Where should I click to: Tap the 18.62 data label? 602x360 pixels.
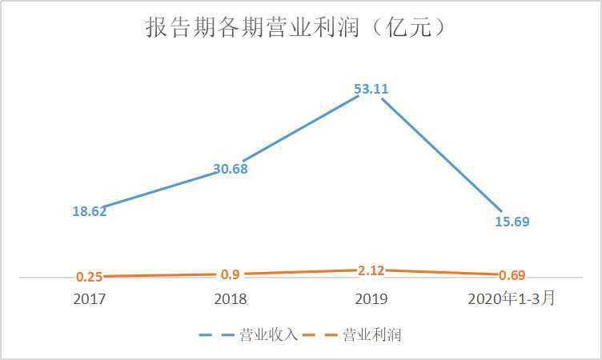89,211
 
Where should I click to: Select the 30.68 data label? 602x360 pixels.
230,169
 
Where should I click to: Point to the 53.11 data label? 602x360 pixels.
371,90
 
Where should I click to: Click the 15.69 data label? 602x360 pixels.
512,221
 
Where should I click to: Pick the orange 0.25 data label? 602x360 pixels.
89,277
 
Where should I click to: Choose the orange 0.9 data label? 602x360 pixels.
230,274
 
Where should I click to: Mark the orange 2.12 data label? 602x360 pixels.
371,270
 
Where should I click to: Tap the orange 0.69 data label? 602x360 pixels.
512,275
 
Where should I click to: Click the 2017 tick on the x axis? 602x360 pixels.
89,299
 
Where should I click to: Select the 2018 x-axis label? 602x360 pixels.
230,299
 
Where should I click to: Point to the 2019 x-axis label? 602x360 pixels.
371,299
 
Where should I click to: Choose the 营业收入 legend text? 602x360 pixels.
269,335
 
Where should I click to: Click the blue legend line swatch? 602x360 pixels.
217,335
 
